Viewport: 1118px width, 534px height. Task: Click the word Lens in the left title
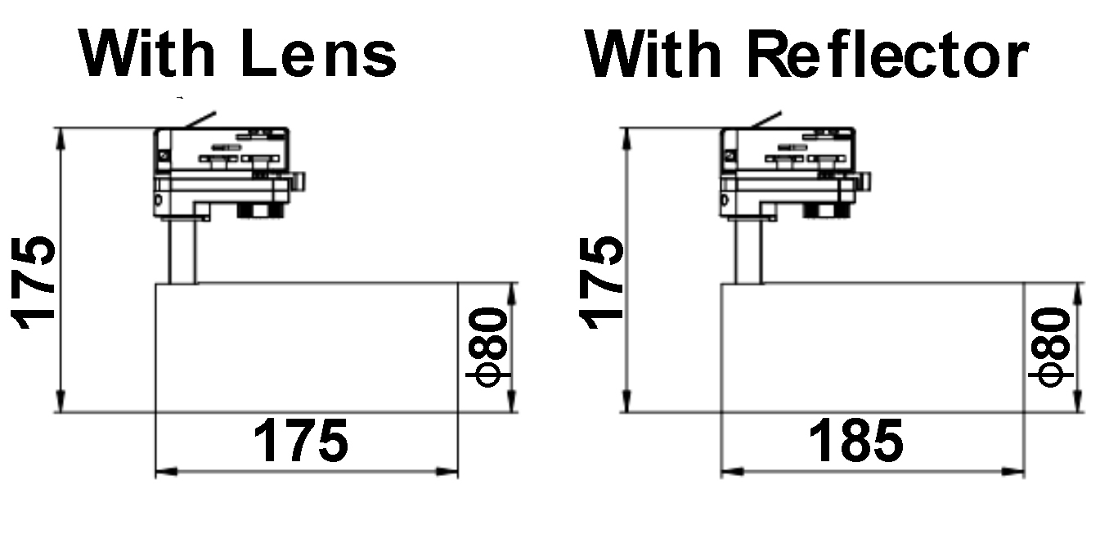pos(318,54)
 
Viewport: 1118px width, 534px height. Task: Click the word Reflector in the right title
pos(888,54)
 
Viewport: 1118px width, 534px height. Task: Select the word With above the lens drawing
pos(146,53)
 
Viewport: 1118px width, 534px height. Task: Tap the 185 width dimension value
pos(855,441)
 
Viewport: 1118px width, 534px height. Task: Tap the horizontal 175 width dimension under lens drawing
pos(300,441)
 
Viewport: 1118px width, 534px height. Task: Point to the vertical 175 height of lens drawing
pos(33,282)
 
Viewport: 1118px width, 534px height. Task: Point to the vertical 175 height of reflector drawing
pos(601,282)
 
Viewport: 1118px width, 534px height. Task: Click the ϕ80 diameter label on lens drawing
pos(488,348)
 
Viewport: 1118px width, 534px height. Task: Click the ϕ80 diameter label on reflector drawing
pos(1051,348)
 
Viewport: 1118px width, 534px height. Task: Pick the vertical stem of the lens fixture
pos(182,252)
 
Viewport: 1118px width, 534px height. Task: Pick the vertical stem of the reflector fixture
pos(748,252)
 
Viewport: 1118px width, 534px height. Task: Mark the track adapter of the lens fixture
pos(229,173)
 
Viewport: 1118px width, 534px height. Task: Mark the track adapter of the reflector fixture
pos(795,173)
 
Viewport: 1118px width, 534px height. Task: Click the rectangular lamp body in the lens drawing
pos(307,348)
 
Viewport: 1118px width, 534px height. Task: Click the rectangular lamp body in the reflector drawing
pos(873,348)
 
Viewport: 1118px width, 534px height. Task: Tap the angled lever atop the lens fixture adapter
pos(200,119)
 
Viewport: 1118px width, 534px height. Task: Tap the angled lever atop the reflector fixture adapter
pos(766,119)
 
